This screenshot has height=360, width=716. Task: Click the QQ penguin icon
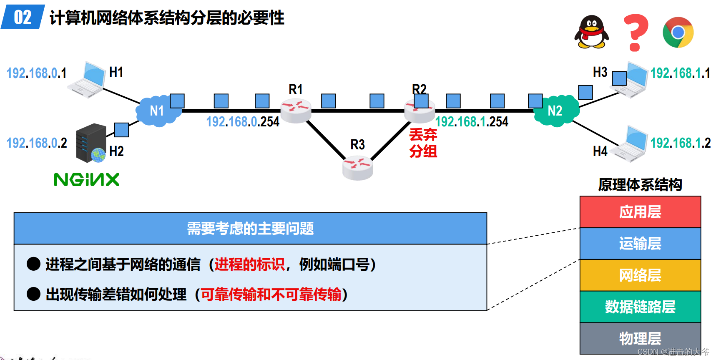coord(591,32)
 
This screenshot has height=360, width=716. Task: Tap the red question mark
coord(635,32)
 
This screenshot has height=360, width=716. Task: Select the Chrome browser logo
coord(678,32)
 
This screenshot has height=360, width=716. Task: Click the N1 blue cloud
coord(157,111)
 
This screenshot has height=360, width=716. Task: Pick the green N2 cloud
coord(556,111)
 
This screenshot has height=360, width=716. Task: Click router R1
coord(296,110)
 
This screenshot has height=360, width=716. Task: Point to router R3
coord(357,167)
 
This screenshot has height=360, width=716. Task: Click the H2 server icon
coord(91,143)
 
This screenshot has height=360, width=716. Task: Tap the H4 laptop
coord(631,143)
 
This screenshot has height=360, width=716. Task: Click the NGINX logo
coord(87,180)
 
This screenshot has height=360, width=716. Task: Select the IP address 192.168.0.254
coord(243,122)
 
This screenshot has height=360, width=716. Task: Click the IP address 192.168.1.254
coord(472,122)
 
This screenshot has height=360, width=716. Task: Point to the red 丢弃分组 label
coord(423,143)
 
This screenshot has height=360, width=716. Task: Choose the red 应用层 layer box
coord(640,212)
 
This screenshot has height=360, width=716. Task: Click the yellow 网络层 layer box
coord(640,275)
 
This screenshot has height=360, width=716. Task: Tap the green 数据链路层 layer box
coord(640,307)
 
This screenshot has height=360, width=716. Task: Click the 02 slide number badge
coord(23,17)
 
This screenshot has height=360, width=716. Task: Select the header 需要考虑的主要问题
coord(250,229)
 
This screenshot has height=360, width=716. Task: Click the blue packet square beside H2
coord(121,130)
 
